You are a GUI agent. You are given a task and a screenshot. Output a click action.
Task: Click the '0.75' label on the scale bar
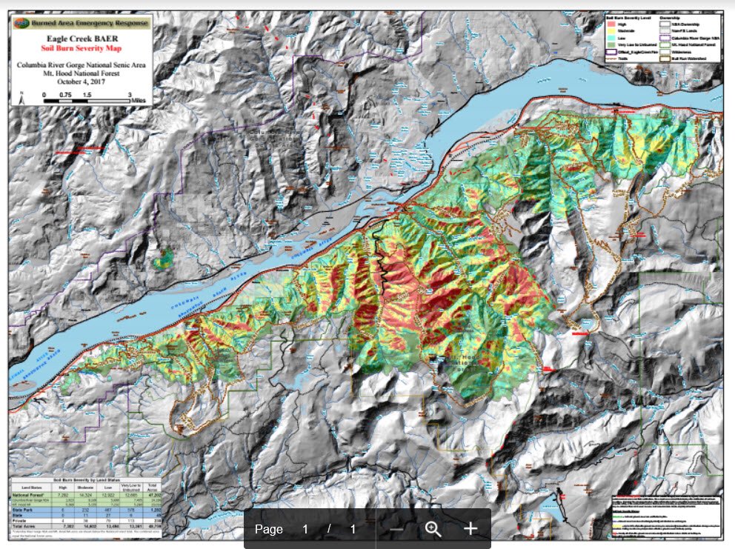coord(66,95)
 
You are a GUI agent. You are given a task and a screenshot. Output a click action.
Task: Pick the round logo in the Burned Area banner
coord(21,23)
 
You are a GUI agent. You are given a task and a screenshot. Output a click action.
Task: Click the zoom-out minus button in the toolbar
coord(397,529)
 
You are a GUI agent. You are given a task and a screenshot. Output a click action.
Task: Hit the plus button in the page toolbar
coord(470,529)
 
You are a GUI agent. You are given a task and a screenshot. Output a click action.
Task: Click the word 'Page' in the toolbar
coord(269,529)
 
